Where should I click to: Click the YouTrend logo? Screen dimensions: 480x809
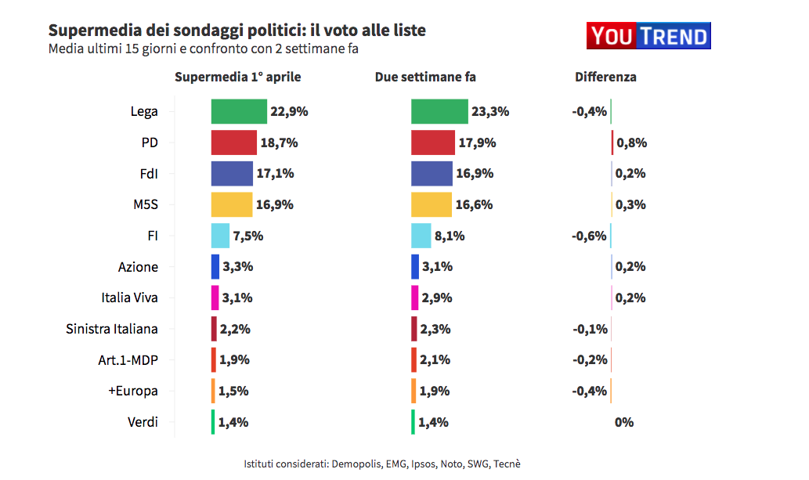click(x=648, y=35)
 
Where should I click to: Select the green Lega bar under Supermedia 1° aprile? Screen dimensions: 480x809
click(x=239, y=111)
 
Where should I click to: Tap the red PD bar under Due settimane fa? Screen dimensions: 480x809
click(x=432, y=143)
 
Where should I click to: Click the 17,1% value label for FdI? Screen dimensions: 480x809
click(x=275, y=173)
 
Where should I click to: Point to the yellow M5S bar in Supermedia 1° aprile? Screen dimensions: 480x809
click(x=232, y=204)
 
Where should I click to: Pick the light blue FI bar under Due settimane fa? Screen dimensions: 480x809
click(x=421, y=236)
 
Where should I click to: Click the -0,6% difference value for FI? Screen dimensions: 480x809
click(x=590, y=236)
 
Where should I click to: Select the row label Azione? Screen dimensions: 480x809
click(x=138, y=267)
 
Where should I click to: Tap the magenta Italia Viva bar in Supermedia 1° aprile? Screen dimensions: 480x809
click(x=215, y=298)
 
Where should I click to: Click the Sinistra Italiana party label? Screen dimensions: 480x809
click(x=112, y=329)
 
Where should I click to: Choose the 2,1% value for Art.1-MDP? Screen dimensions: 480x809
click(x=435, y=360)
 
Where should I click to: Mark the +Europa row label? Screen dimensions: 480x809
click(x=132, y=391)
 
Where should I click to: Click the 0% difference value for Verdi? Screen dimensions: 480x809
click(x=624, y=422)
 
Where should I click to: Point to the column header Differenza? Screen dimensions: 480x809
click(x=605, y=77)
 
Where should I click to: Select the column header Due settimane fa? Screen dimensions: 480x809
click(x=425, y=77)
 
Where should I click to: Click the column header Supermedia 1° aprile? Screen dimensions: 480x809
click(x=237, y=77)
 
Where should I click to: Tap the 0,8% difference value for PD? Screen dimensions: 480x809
click(x=631, y=143)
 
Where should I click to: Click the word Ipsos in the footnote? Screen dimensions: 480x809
click(x=423, y=464)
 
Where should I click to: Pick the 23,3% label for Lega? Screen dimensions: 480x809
click(x=490, y=111)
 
